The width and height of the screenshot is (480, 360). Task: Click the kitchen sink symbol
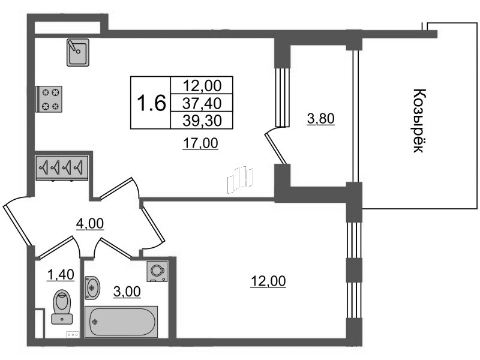(x=78, y=52)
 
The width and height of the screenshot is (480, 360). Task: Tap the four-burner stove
(x=49, y=99)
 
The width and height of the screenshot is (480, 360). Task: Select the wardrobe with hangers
(x=62, y=168)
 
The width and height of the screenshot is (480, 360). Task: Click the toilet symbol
(x=62, y=307)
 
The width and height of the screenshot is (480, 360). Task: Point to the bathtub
(x=121, y=322)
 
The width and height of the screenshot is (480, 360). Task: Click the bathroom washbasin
(x=92, y=288)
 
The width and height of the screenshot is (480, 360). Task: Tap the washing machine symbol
(x=157, y=271)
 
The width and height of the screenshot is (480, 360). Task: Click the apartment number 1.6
(x=151, y=103)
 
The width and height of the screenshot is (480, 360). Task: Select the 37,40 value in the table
(x=202, y=103)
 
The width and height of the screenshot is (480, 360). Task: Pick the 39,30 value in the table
(x=202, y=121)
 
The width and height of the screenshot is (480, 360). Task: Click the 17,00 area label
(x=200, y=143)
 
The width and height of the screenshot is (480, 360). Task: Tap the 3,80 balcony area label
(x=321, y=118)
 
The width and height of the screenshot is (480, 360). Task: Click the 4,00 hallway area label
(x=90, y=224)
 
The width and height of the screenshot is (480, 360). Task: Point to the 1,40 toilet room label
(x=61, y=275)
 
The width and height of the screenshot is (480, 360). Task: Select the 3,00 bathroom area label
(x=127, y=292)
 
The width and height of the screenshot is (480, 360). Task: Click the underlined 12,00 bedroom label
(x=268, y=281)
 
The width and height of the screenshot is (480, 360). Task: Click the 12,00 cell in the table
(x=202, y=86)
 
